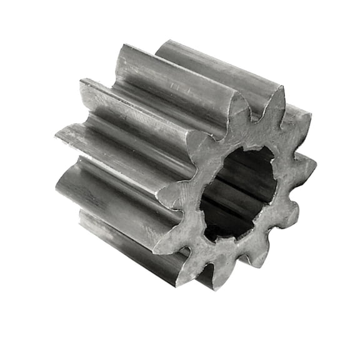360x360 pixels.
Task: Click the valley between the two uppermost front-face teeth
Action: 256,116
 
